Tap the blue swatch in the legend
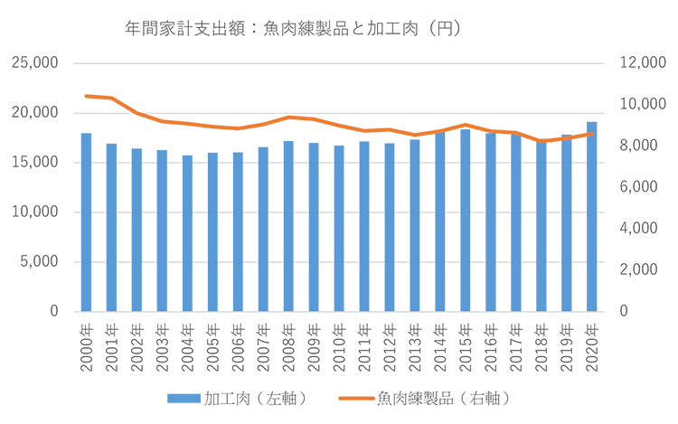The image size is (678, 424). point(184,398)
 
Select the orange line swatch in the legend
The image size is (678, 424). point(353,398)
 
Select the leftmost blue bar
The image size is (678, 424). point(87,221)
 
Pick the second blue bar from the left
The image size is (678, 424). point(112,226)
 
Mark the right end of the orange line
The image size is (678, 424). point(593,134)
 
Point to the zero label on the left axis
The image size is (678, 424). point(53,310)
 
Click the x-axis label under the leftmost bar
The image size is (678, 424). point(87,345)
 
